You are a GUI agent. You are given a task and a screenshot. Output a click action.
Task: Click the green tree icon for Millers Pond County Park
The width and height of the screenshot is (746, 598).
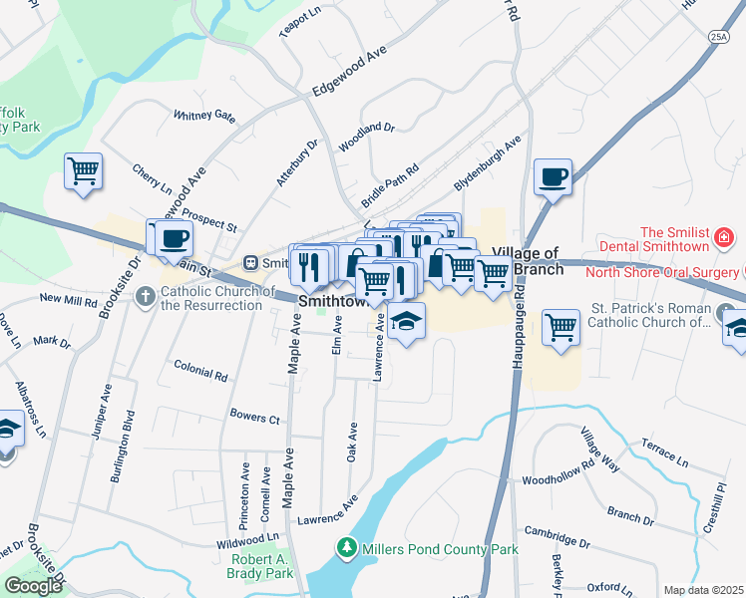[x=346, y=548]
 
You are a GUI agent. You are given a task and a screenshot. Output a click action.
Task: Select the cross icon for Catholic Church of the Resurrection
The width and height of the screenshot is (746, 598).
[x=146, y=295]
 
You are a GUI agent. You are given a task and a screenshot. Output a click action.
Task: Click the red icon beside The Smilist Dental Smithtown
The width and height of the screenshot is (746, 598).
[x=724, y=239]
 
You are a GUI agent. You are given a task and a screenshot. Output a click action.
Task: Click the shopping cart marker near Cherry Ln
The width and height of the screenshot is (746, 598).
[x=84, y=170]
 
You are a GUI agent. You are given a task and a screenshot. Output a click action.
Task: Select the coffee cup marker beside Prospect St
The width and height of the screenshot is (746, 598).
[x=174, y=238]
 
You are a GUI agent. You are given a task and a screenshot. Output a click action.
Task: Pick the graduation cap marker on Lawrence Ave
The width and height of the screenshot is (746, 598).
[x=406, y=322]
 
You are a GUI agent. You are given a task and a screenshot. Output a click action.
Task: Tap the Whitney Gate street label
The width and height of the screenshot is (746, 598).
[x=204, y=116]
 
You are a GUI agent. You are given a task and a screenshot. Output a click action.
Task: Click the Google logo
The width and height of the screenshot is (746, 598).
[x=33, y=586]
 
